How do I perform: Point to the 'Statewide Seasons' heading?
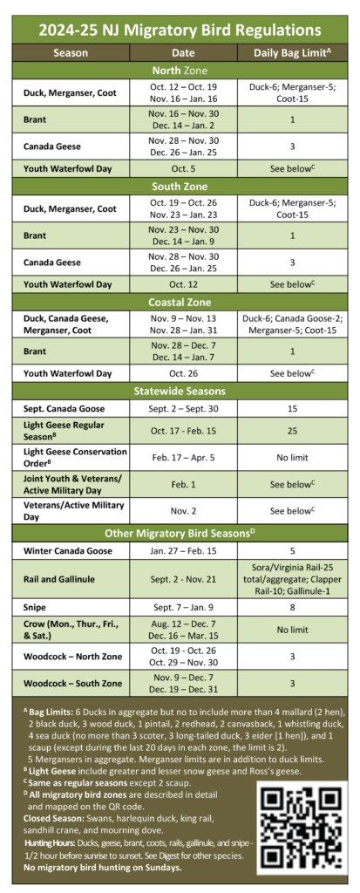click(180, 391)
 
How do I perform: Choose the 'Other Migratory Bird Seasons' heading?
click(180, 534)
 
